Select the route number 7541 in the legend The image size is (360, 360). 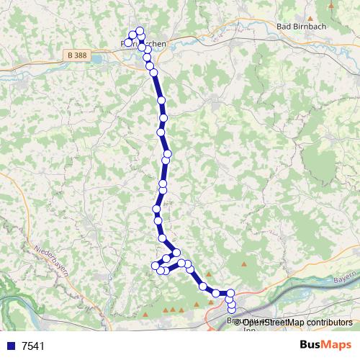33,346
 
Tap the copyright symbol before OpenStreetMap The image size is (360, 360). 238,323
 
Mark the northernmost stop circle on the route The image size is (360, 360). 140,31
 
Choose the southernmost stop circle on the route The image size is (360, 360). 232,310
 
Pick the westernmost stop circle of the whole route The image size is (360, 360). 128,42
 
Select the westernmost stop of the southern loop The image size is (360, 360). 154,266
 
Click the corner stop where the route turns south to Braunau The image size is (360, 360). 231,293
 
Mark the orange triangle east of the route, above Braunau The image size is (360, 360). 246,264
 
